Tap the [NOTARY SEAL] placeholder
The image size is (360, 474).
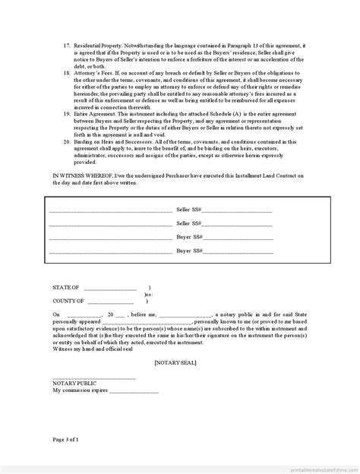coord(175,364)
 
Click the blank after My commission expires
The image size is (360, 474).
coord(134,390)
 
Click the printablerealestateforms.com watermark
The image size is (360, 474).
coord(319,468)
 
